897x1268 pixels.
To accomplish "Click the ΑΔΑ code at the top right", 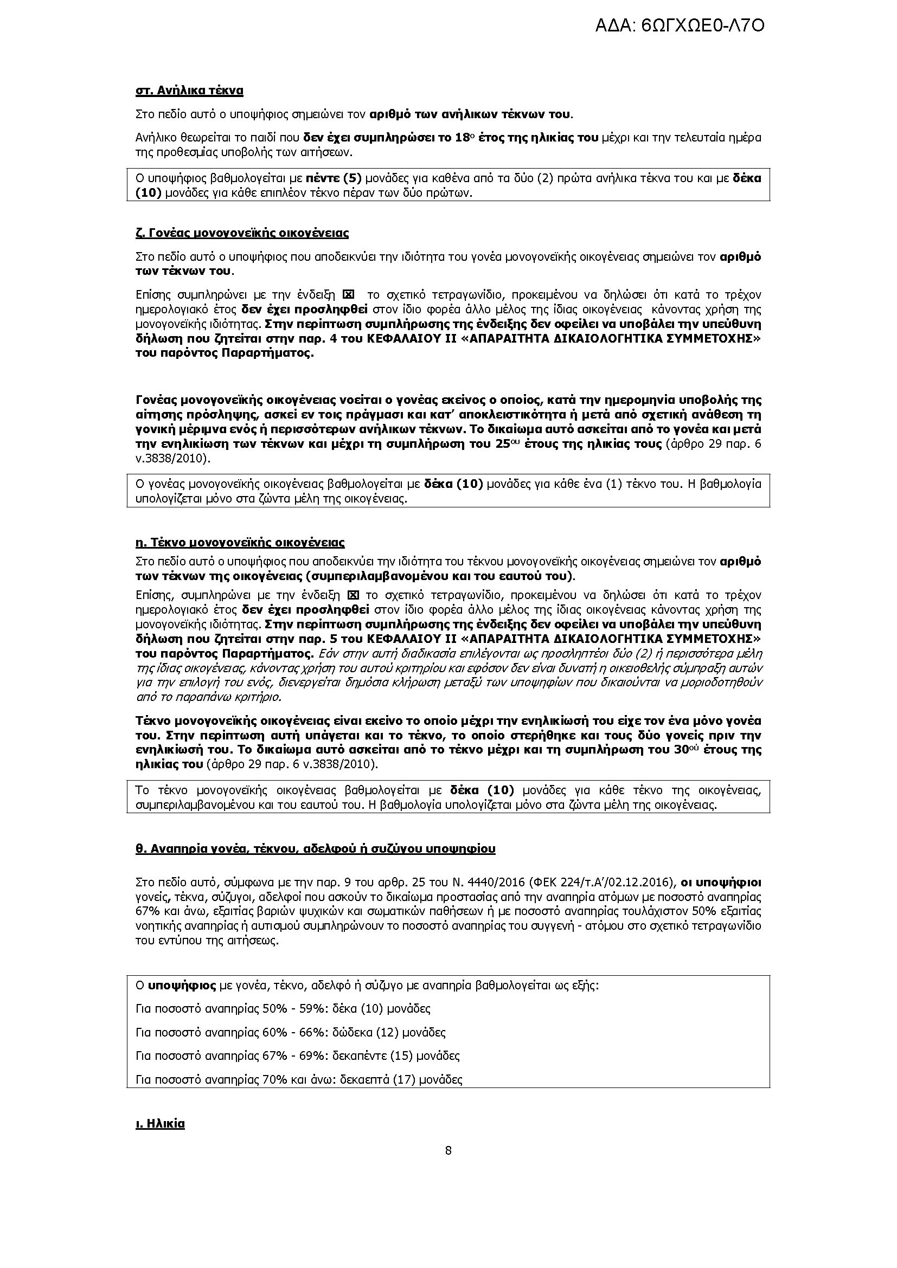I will pos(680,26).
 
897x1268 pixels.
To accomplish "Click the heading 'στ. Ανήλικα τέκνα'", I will pos(189,91).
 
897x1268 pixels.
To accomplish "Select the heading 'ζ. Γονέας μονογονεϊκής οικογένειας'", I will pos(242,233).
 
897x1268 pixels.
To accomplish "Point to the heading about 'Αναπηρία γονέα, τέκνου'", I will pos(316,848).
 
